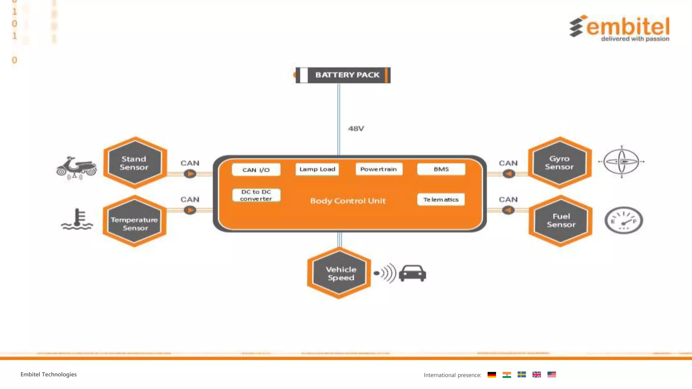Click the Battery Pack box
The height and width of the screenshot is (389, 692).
tap(343, 75)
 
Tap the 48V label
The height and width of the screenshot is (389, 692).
tap(356, 129)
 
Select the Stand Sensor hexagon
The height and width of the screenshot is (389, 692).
tap(135, 163)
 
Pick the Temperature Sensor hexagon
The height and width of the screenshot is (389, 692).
tap(134, 221)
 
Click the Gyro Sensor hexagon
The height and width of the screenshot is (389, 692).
tap(560, 163)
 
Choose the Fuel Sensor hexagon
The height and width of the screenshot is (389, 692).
tap(561, 221)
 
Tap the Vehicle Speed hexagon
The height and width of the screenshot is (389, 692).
tap(340, 273)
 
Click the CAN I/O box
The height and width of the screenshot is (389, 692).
tap(256, 170)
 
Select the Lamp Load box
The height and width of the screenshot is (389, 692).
tap(317, 169)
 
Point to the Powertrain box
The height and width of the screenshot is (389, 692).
tap(379, 169)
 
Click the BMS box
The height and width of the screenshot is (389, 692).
tap(441, 169)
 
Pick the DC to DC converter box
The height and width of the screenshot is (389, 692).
tap(256, 195)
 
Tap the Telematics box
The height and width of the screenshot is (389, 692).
tap(441, 200)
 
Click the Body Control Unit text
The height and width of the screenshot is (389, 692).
tap(348, 201)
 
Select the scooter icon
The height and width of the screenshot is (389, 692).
tap(76, 167)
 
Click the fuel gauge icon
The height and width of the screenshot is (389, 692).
tap(623, 221)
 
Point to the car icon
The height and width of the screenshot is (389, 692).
tap(412, 273)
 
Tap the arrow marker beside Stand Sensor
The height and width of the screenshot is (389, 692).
tap(190, 174)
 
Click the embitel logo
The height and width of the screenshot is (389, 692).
tap(619, 28)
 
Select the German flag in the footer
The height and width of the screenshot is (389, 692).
tap(492, 374)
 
